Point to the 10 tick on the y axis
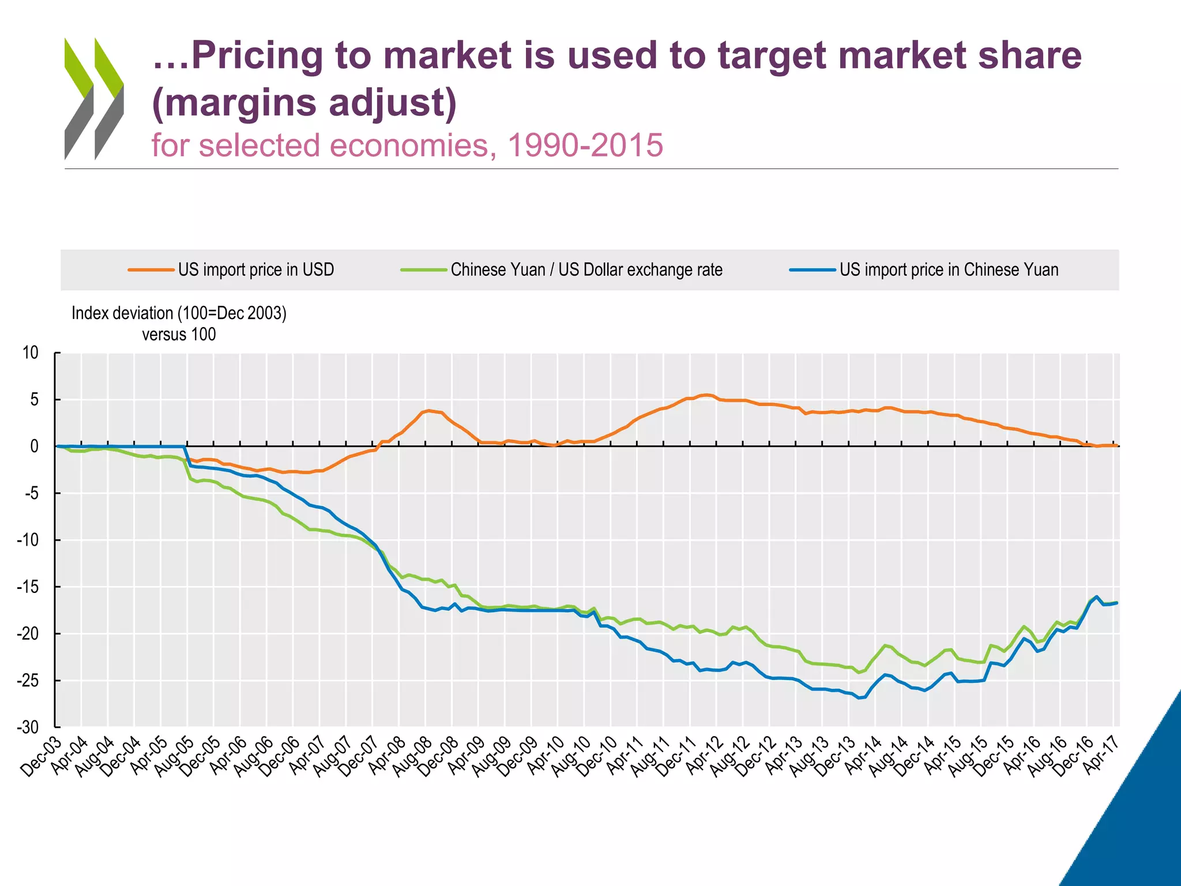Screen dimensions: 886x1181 pyautogui.click(x=31, y=352)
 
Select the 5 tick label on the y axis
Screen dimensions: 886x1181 pyautogui.click(x=35, y=400)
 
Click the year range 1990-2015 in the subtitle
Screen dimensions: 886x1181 pyautogui.click(x=585, y=145)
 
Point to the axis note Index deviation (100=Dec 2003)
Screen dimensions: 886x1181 pyautogui.click(x=179, y=313)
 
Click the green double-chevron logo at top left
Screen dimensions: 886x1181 pyautogui.click(x=94, y=98)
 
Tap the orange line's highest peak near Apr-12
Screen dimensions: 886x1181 pyautogui.click(x=706, y=395)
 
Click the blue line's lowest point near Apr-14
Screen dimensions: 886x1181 pyautogui.click(x=859, y=698)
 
